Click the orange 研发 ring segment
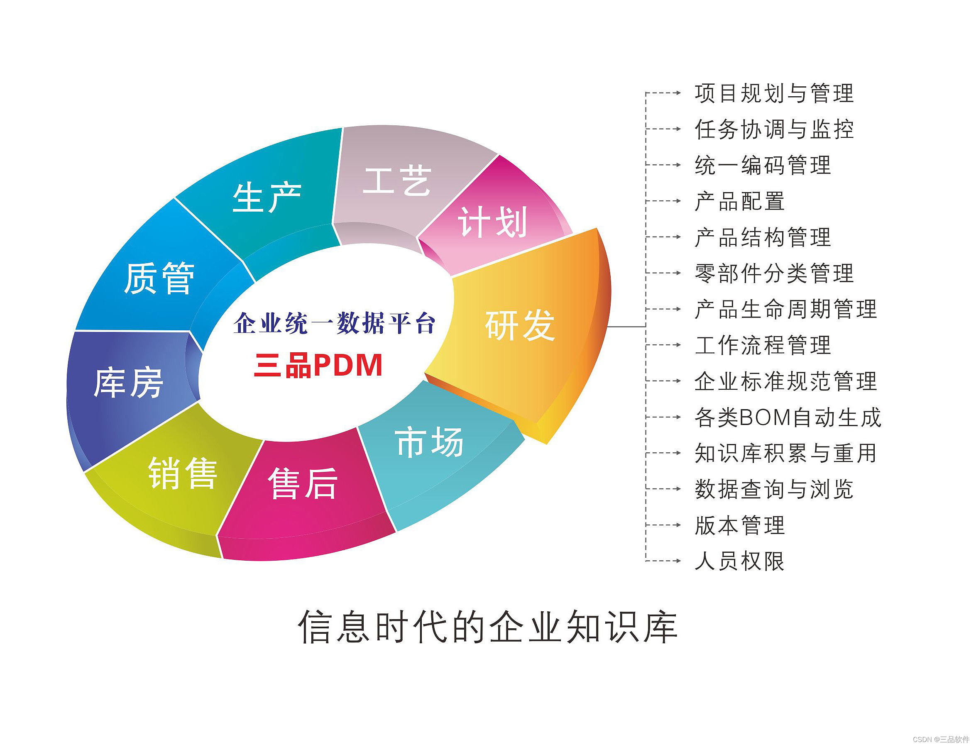coord(525,338)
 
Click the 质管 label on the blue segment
coord(159,278)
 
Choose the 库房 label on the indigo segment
coord(129,382)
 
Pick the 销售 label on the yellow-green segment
coord(183,473)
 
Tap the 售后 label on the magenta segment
coord(303,483)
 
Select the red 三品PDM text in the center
coord(318,366)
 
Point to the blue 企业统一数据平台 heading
coord(334,323)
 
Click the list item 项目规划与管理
coord(774,93)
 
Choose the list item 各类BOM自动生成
coord(788,417)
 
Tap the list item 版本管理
coord(740,525)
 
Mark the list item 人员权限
coord(740,561)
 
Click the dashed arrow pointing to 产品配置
coord(663,201)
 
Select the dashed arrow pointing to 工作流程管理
coord(663,345)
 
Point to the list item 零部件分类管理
coord(774,273)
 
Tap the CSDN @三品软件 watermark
coord(940,740)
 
